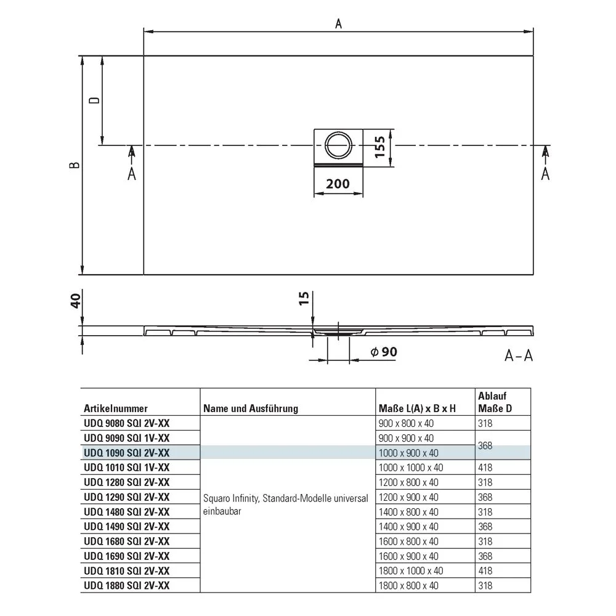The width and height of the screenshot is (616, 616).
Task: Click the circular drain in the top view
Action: [338, 145]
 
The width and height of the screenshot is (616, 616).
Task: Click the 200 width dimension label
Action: [338, 184]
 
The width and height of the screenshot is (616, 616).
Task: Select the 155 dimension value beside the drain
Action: [380, 147]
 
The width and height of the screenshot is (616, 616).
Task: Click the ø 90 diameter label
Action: [383, 352]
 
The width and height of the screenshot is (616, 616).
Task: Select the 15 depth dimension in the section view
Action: [303, 299]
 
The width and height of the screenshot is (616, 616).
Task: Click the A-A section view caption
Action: [518, 356]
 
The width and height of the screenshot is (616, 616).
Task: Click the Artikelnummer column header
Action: [116, 408]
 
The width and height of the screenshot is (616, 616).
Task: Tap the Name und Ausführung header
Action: [250, 408]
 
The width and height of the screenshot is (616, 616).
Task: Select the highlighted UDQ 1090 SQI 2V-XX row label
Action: [126, 453]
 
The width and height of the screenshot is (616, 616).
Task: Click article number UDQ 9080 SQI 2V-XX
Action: [126, 423]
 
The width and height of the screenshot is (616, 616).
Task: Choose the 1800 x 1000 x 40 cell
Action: [410, 570]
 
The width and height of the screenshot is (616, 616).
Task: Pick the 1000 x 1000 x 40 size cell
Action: [410, 468]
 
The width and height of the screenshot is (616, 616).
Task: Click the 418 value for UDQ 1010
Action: [486, 468]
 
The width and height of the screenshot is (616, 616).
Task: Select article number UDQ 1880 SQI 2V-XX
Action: [126, 585]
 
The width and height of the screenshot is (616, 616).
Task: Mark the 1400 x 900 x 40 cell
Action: [408, 526]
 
